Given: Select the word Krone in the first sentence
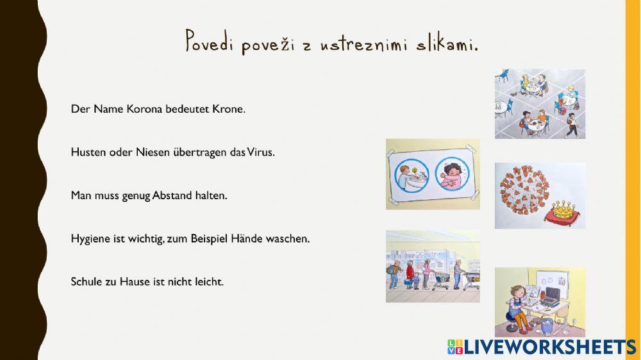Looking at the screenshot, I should click(x=229, y=109).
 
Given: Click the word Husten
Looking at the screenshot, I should click(x=87, y=152).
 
